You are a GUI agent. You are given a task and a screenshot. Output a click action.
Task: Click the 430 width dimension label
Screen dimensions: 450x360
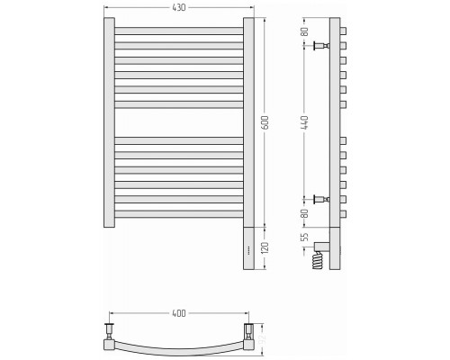pyautogui.click(x=179, y=7)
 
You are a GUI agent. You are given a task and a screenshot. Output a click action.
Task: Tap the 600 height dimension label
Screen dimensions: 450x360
pyautogui.click(x=265, y=122)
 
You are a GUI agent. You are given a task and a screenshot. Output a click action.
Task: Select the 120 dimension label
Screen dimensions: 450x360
pyautogui.click(x=265, y=247)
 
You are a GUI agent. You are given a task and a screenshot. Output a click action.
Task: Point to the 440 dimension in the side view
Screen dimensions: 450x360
pyautogui.click(x=304, y=122)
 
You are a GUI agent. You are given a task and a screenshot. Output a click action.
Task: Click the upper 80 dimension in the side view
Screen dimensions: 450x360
pyautogui.click(x=304, y=31)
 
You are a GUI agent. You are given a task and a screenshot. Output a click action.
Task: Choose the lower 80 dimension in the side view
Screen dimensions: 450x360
pyautogui.click(x=304, y=213)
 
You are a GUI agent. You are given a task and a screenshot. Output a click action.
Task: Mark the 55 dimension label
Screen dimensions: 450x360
pyautogui.click(x=304, y=237)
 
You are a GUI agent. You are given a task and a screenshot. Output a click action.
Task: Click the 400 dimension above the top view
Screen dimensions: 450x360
pyautogui.click(x=179, y=313)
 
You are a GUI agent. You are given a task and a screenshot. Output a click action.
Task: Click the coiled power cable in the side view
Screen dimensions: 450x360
pyautogui.click(x=319, y=260)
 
